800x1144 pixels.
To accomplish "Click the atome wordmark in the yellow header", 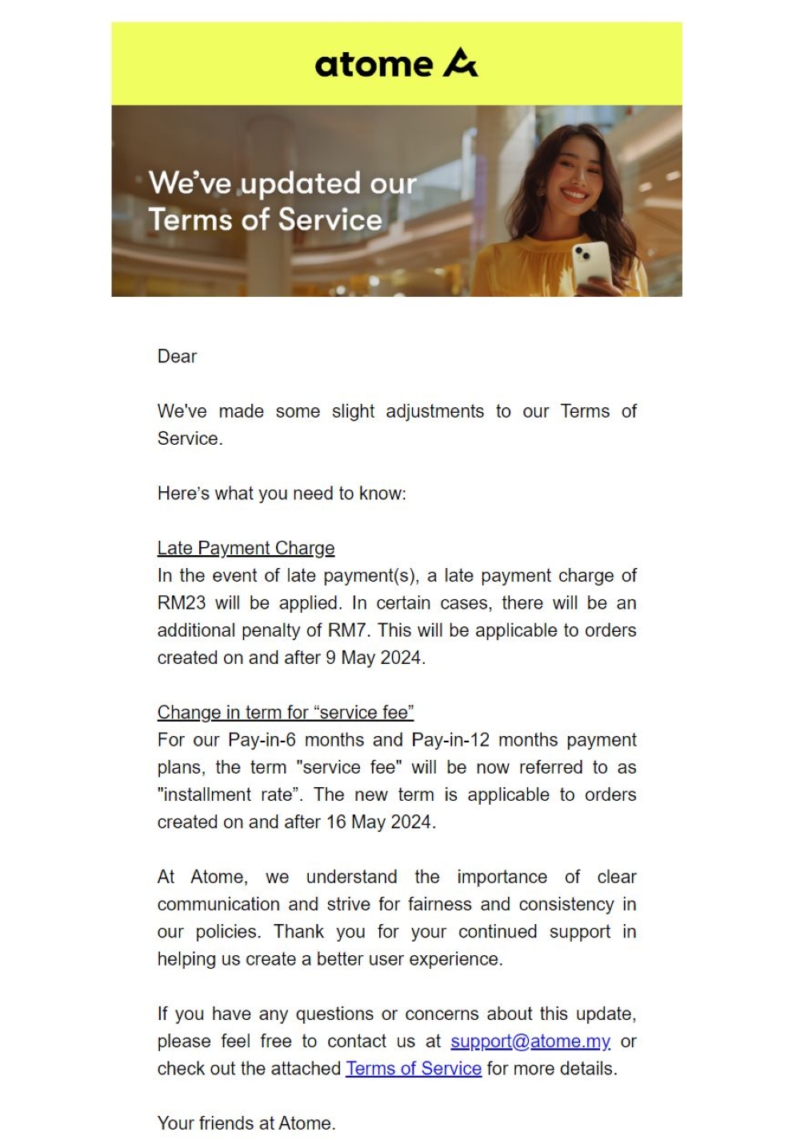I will (374, 65).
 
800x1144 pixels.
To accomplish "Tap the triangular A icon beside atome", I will (460, 63).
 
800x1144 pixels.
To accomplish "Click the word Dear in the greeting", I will (177, 357).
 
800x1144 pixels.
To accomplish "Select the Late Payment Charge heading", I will (246, 548).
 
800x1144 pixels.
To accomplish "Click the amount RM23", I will (181, 603).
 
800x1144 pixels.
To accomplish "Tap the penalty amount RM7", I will (347, 630).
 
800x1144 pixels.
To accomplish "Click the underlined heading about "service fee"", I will (286, 713).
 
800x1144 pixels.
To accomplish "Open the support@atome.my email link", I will (530, 1042).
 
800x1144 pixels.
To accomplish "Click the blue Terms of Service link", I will (414, 1069).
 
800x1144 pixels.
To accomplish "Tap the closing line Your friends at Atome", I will (246, 1123).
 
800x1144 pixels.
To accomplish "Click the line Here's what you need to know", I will (282, 494).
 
